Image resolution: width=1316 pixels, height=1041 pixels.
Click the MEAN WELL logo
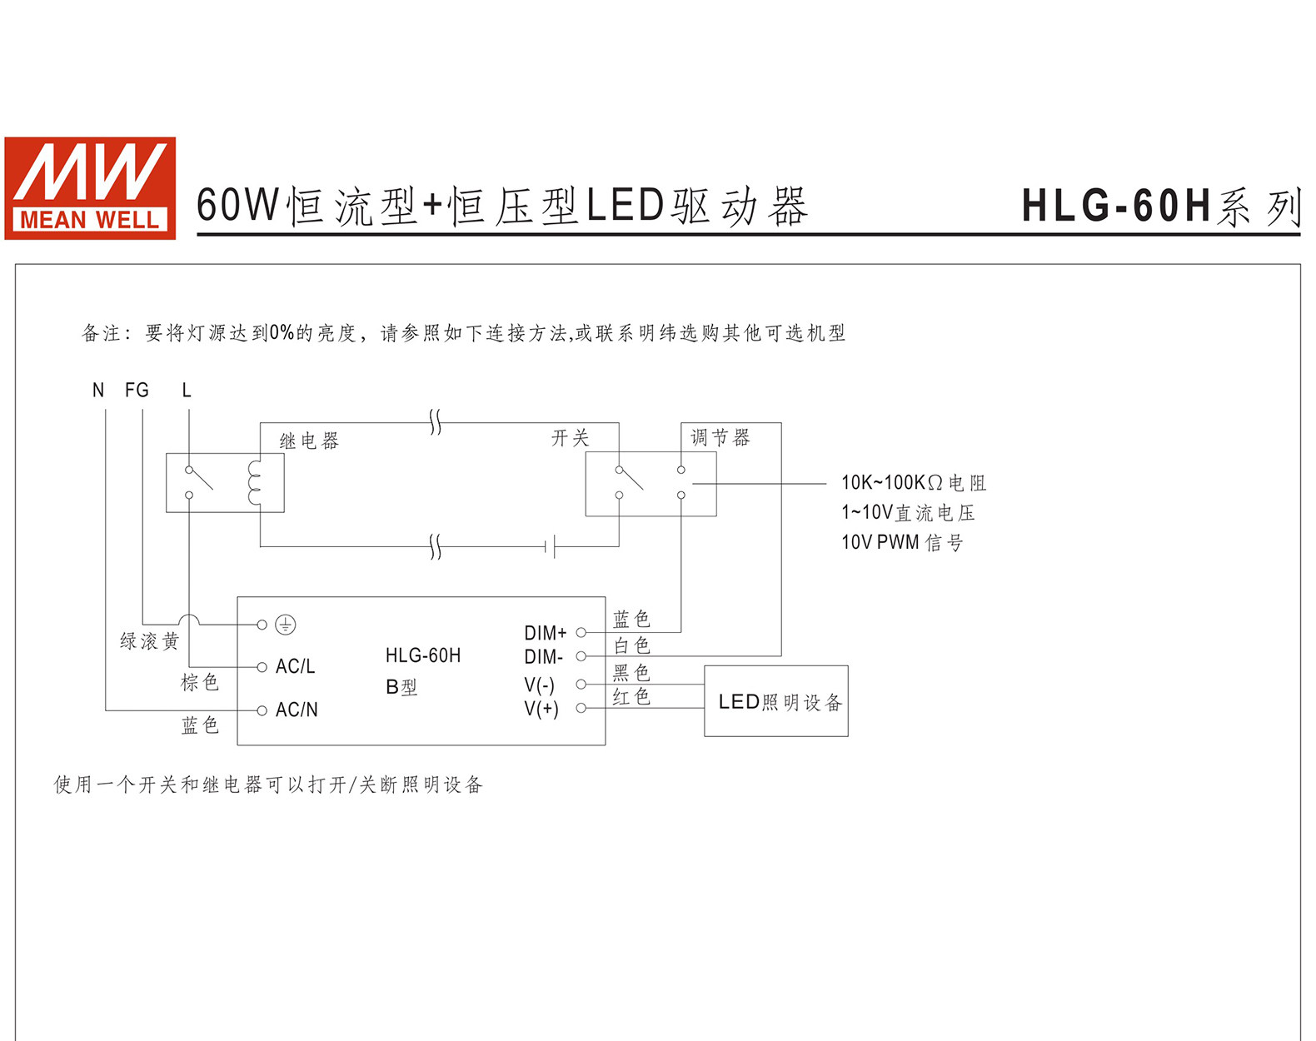pyautogui.click(x=90, y=188)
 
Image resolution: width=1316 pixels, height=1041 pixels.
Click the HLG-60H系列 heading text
pyautogui.click(x=1161, y=207)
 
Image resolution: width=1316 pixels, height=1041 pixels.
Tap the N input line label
pyautogui.click(x=98, y=391)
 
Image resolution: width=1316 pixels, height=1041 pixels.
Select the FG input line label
pyautogui.click(x=137, y=391)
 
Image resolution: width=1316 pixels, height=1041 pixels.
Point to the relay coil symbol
pyautogui.click(x=254, y=483)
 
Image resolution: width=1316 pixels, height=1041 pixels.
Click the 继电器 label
pyautogui.click(x=310, y=441)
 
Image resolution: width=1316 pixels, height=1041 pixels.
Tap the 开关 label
pyautogui.click(x=570, y=438)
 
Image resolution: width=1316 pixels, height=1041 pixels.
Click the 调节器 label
pyautogui.click(x=720, y=438)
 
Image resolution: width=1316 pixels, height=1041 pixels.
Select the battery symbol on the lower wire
pyautogui.click(x=550, y=546)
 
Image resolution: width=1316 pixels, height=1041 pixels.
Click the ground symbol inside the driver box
pyautogui.click(x=286, y=625)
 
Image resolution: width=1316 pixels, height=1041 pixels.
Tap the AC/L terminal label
pyautogui.click(x=296, y=666)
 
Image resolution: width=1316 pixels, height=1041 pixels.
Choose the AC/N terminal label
pyautogui.click(x=297, y=710)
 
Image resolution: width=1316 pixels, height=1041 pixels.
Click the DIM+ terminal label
pyautogui.click(x=546, y=632)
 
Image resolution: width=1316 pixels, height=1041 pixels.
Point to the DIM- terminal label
pyautogui.click(x=544, y=657)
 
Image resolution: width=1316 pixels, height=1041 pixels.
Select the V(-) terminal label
pyautogui.click(x=540, y=685)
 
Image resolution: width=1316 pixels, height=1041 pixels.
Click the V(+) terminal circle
pyautogui.click(x=581, y=708)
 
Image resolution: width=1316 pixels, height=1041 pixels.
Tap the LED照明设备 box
pyautogui.click(x=776, y=701)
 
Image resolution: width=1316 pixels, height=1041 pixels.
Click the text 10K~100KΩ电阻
pyautogui.click(x=914, y=482)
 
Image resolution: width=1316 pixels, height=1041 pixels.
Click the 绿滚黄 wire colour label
pyautogui.click(x=150, y=641)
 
